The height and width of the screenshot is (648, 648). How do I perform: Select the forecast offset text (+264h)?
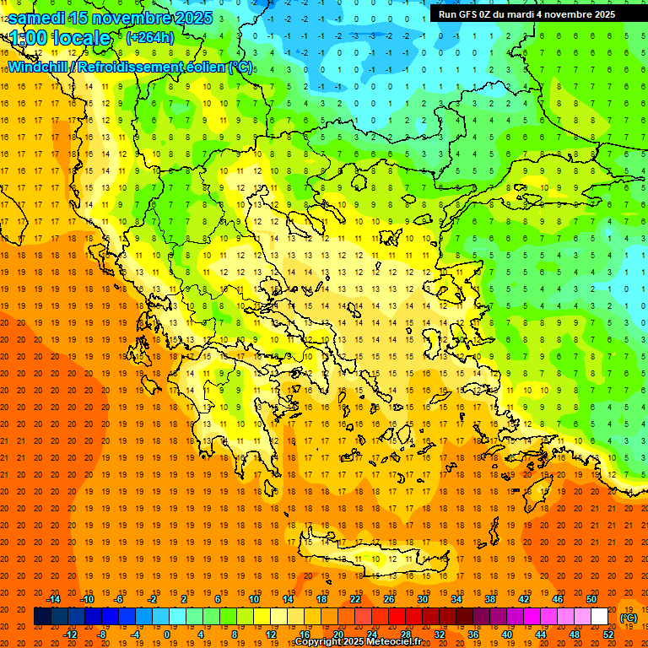tap(149, 38)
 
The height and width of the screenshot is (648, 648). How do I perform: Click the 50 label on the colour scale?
tap(591, 599)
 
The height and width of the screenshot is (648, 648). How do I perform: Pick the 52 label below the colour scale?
tap(608, 634)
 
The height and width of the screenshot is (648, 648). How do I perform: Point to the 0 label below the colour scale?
tap(168, 634)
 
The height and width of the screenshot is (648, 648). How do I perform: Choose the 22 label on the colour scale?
tap(355, 599)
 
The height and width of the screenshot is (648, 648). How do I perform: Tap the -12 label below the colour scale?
tap(70, 634)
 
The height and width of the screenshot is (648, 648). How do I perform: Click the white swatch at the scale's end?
tap(599, 617)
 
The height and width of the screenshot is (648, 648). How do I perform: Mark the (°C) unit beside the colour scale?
tap(629, 618)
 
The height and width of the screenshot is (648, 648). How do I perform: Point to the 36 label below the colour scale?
tap(472, 634)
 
